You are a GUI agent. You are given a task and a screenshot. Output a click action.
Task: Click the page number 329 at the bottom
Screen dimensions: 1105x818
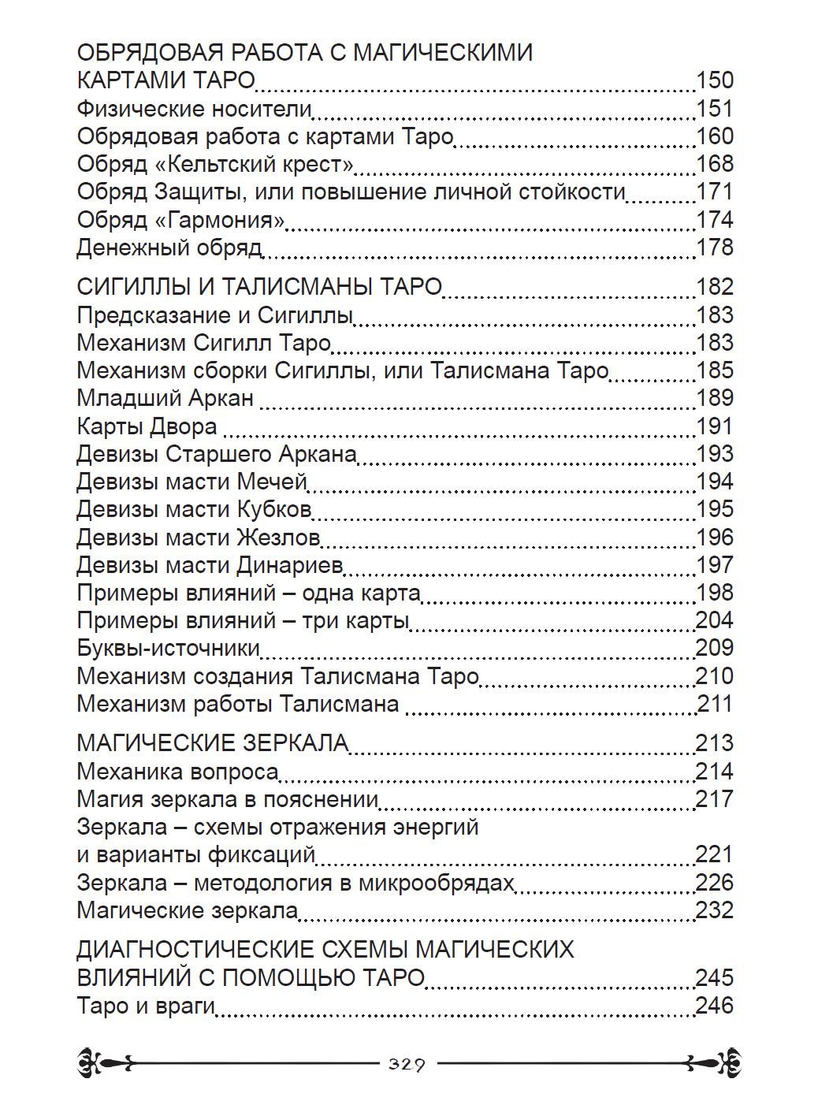point(407,1065)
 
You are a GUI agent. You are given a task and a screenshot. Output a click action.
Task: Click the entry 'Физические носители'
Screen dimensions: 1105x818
point(195,109)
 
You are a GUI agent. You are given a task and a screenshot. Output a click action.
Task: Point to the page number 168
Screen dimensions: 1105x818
point(715,165)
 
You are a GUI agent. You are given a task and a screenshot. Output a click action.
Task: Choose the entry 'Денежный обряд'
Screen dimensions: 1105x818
point(169,248)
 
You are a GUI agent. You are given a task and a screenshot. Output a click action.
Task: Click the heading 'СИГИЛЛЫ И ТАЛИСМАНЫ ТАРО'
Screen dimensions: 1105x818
point(258,287)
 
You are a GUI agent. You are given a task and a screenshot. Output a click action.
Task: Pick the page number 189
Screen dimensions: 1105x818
point(715,398)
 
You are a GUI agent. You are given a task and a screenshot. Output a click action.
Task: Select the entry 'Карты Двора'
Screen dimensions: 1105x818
point(147,426)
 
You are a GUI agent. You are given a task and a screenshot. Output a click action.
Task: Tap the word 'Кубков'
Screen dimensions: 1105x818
point(273,510)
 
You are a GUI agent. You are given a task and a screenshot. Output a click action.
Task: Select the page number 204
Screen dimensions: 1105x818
point(714,620)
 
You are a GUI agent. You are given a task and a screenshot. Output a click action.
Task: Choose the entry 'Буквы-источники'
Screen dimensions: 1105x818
point(169,649)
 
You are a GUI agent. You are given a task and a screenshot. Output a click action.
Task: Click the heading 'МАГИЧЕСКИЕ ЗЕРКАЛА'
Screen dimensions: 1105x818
point(213,743)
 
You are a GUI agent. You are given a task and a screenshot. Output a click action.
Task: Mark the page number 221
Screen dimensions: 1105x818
point(714,855)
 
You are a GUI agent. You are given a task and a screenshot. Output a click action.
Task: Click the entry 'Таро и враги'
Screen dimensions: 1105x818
point(147,1006)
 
